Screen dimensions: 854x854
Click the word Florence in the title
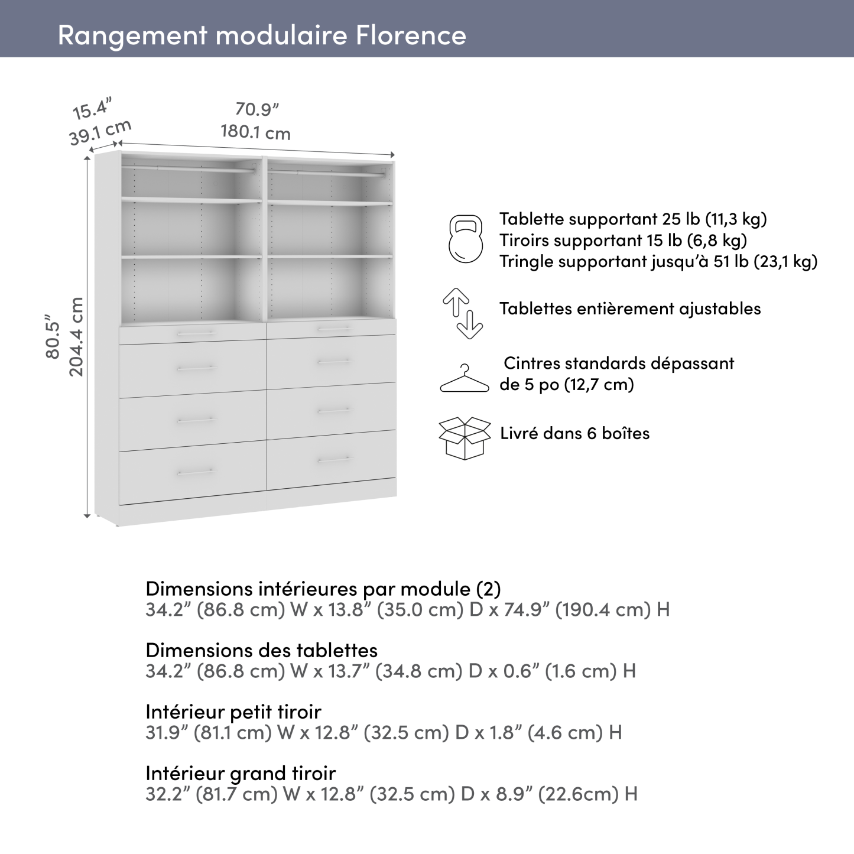[411, 35]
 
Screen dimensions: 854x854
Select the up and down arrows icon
[463, 313]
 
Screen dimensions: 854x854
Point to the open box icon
[465, 438]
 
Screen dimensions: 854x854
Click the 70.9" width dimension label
[256, 110]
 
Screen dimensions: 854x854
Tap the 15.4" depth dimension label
[92, 110]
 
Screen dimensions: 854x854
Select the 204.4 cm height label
[77, 336]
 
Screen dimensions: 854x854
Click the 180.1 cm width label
[256, 132]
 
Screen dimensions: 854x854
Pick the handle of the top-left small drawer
[195, 335]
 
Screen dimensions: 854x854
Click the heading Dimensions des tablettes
[261, 650]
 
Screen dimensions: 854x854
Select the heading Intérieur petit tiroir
[233, 712]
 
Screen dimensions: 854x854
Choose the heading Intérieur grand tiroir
[241, 773]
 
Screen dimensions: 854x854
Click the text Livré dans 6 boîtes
[574, 433]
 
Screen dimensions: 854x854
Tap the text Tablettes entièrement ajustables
[630, 309]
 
